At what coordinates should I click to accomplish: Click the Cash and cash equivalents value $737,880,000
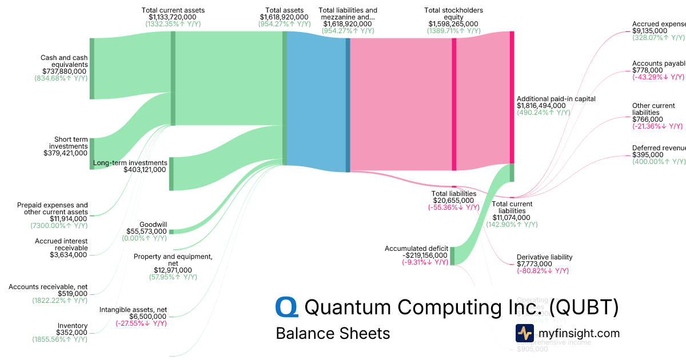point(61,71)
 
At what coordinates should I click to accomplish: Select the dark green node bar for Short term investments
point(91,154)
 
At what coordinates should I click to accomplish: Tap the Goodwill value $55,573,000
point(146,231)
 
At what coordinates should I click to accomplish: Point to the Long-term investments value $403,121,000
point(145,170)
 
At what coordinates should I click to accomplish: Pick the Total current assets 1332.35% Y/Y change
point(173,25)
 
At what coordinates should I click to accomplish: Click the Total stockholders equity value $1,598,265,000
point(453,24)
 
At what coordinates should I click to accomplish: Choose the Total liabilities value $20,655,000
point(454,201)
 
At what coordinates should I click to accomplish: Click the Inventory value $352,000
point(71,333)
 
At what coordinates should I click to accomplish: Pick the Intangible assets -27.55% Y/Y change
point(141,323)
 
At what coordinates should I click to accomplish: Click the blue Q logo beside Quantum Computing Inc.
point(286,307)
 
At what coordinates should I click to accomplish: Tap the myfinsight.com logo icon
point(524,333)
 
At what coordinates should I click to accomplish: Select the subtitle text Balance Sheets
point(333,333)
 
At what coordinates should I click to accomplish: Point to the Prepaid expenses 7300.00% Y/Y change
point(59,226)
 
